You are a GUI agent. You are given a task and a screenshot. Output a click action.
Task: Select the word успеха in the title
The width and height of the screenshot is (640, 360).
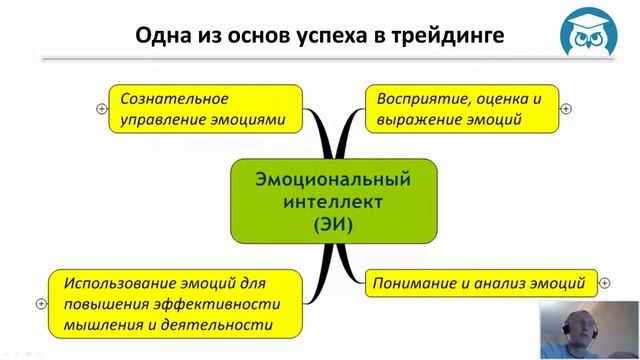click(x=329, y=38)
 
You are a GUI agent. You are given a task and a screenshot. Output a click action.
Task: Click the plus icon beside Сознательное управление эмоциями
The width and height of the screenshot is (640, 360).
click(x=102, y=109)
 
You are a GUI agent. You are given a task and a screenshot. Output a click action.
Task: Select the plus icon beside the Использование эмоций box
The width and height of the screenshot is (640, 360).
click(x=41, y=304)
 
